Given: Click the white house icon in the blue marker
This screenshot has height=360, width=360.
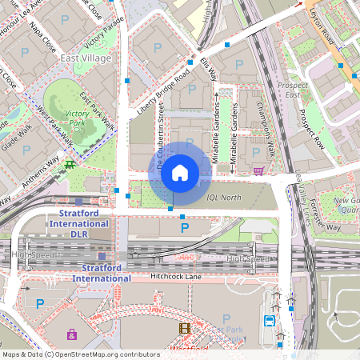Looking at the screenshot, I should (x=180, y=172).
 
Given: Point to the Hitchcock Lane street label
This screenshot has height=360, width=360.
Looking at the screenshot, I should (x=177, y=277).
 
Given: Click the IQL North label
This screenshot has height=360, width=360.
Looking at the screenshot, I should (x=223, y=197).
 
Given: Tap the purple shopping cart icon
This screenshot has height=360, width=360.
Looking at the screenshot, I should (x=258, y=170).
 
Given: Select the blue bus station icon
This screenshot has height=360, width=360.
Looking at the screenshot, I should (x=270, y=321).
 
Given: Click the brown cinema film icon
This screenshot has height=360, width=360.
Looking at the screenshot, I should (x=185, y=328).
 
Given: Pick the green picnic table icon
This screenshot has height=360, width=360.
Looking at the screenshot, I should (x=71, y=165).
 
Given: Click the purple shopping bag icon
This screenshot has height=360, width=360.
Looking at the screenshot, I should (x=72, y=334).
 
